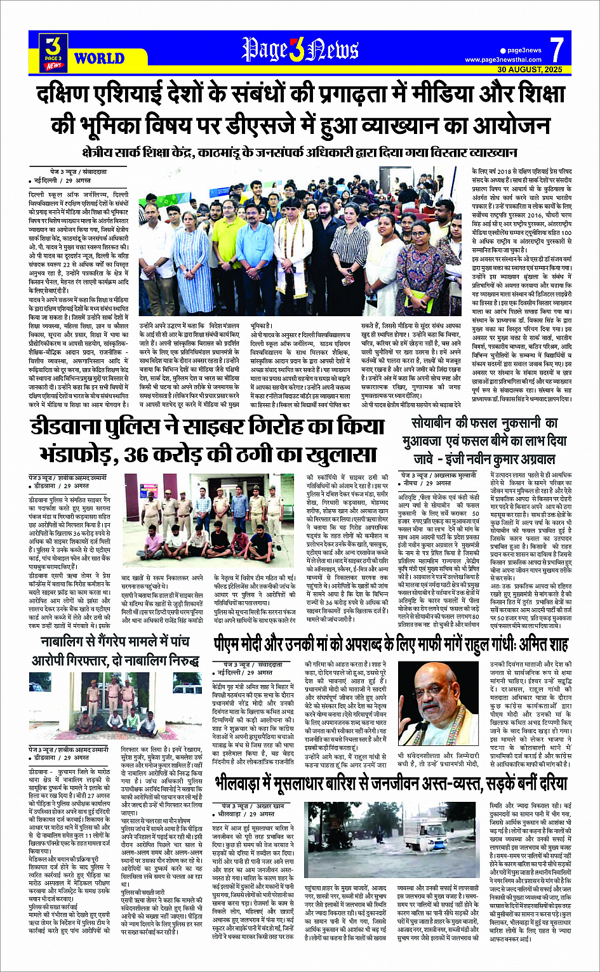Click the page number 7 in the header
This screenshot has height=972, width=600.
[x=556, y=48]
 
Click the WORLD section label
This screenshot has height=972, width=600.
[x=99, y=58]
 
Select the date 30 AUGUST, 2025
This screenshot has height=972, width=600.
[x=530, y=69]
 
